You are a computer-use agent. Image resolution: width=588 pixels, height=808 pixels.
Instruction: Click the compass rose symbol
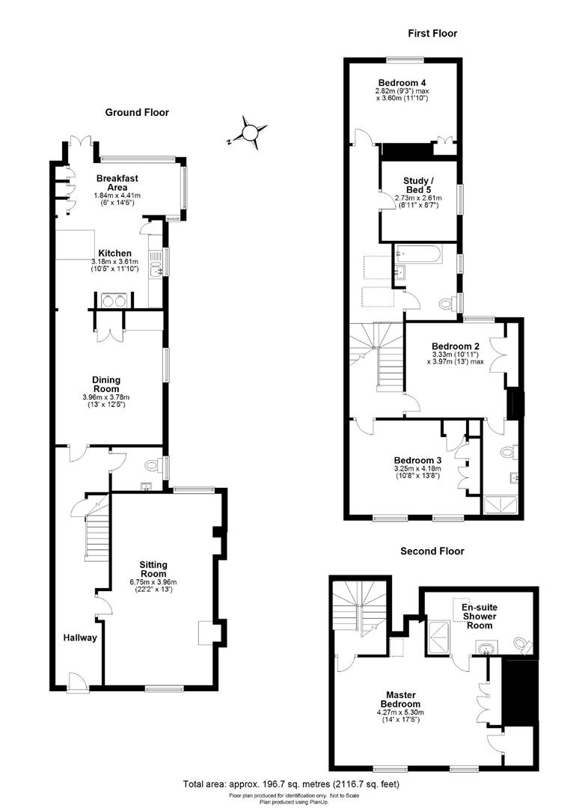[248, 133]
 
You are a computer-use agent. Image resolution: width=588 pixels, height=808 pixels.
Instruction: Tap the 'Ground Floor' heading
[137, 112]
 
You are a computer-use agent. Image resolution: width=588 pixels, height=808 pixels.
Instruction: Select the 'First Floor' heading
[432, 33]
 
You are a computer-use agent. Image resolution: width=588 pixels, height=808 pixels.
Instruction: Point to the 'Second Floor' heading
[432, 551]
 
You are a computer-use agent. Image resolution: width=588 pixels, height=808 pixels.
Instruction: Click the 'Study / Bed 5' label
[417, 185]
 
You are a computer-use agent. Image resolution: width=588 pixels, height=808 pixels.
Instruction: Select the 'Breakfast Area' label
[117, 183]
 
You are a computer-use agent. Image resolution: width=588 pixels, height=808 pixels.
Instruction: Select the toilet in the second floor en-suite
[524, 644]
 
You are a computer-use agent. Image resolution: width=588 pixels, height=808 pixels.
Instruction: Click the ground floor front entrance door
[75, 681]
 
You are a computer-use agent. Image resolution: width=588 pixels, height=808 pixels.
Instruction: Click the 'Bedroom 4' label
[402, 82]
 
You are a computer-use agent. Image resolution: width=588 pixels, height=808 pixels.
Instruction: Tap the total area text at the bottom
[292, 784]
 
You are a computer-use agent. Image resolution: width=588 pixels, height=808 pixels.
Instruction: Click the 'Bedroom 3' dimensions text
[417, 472]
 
